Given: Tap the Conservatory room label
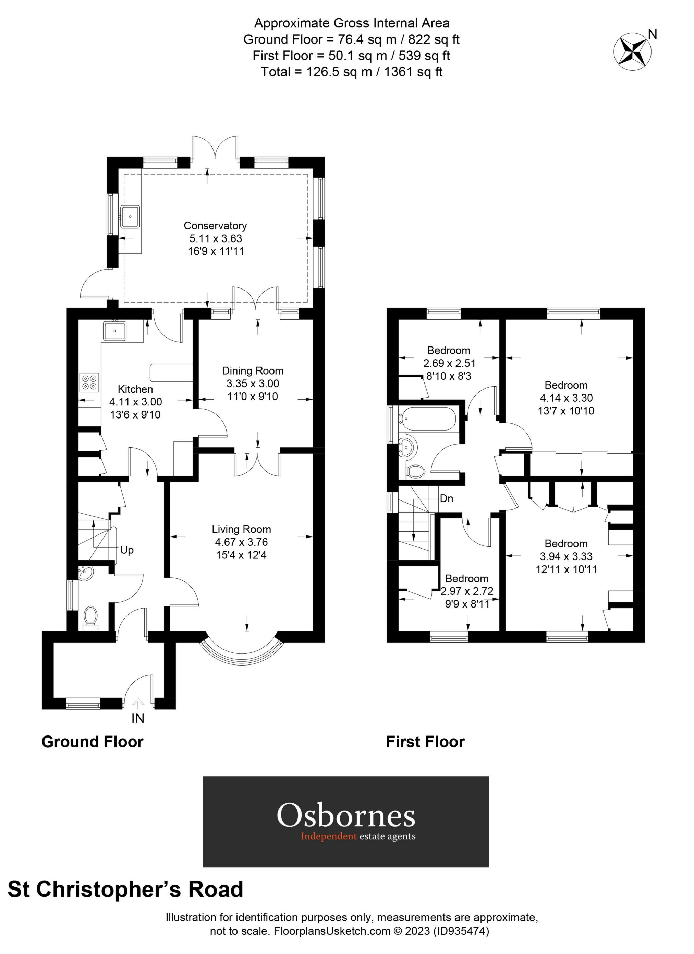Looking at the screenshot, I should pos(215,225).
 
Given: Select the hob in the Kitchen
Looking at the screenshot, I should pos(89,382).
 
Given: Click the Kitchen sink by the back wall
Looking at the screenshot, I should pos(114,330).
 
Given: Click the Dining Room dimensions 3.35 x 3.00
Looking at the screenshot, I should pos(253,384).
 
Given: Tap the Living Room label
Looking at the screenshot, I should pos(241,529).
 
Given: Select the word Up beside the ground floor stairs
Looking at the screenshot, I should pos(126,550).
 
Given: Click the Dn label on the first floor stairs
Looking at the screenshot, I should pos(447,498).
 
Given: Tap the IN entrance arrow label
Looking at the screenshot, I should pos(138,718).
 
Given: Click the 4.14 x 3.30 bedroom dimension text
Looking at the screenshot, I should pos(566,398).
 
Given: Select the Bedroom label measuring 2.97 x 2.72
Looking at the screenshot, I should pos(466,578).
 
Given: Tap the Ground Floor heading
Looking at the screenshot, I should pos(93,753).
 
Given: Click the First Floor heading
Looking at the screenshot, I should pos(425,753).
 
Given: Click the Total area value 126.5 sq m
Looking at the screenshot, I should pos(336,72).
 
